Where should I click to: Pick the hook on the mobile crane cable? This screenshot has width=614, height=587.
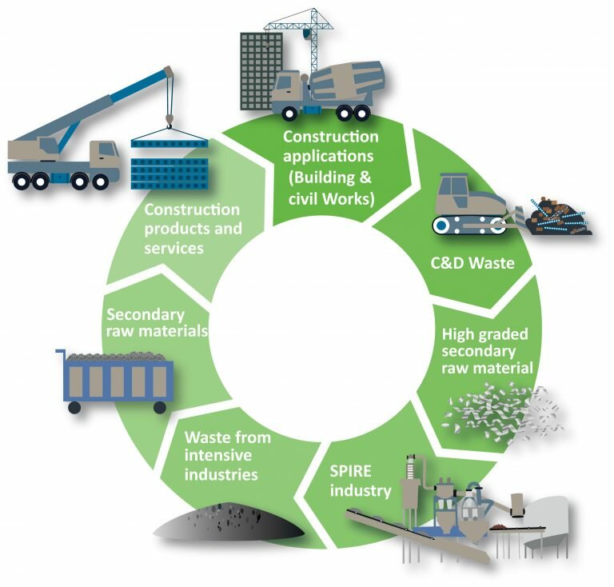click(168, 120)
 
